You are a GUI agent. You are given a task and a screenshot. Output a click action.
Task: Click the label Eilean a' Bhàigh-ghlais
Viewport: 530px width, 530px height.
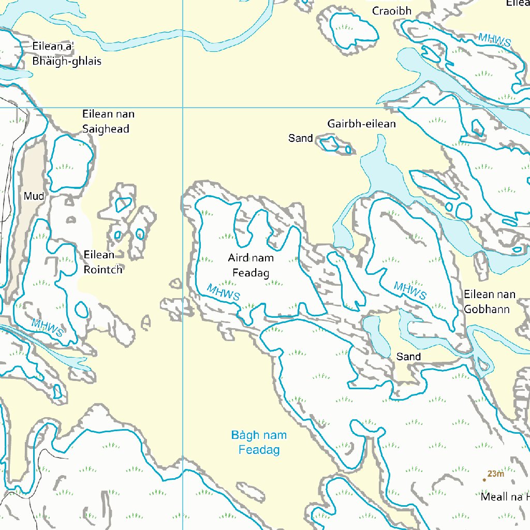coord(66,54)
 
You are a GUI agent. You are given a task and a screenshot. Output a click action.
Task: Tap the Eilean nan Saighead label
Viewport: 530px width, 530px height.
coord(106,121)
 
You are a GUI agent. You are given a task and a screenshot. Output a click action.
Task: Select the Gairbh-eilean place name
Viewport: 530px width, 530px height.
coord(361,124)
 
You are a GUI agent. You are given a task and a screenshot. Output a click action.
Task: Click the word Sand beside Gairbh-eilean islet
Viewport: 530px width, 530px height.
coord(300,138)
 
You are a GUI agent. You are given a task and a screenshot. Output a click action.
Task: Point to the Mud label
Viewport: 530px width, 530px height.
coord(34,196)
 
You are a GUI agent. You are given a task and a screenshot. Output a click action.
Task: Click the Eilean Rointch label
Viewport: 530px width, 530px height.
coord(102,262)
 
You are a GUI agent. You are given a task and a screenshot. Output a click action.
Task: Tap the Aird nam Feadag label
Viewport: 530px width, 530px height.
coord(251,265)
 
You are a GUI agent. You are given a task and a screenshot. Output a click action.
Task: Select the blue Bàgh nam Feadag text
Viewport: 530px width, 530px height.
coord(259,443)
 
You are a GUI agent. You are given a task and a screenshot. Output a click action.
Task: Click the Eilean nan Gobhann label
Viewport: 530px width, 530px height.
coord(489,302)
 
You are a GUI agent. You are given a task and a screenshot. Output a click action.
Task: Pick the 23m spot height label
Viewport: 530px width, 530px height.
coord(495,474)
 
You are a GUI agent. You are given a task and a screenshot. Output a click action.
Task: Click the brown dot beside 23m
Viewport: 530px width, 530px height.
coord(484,480)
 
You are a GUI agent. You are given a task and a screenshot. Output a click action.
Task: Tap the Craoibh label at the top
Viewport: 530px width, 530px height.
coord(392,11)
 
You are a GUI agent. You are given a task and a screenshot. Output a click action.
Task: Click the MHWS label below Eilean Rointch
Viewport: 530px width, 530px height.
coord(47,328)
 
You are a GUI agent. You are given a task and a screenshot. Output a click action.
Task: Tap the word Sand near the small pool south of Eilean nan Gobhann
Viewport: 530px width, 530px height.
coord(408,357)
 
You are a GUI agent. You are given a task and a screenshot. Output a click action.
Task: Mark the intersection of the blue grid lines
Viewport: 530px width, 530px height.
coord(183,108)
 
